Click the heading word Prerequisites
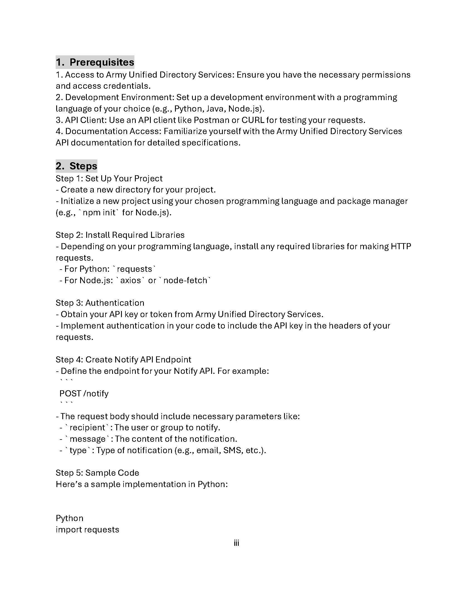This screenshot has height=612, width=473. [102, 62]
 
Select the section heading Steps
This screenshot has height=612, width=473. [83, 166]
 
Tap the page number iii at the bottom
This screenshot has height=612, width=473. [236, 543]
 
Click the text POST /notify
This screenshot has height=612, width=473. [84, 394]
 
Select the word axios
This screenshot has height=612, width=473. [130, 280]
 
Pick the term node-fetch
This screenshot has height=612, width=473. [185, 280]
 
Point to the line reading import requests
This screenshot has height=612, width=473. [87, 530]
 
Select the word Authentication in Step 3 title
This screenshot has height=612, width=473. [115, 303]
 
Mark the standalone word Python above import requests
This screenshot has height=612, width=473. [70, 519]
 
